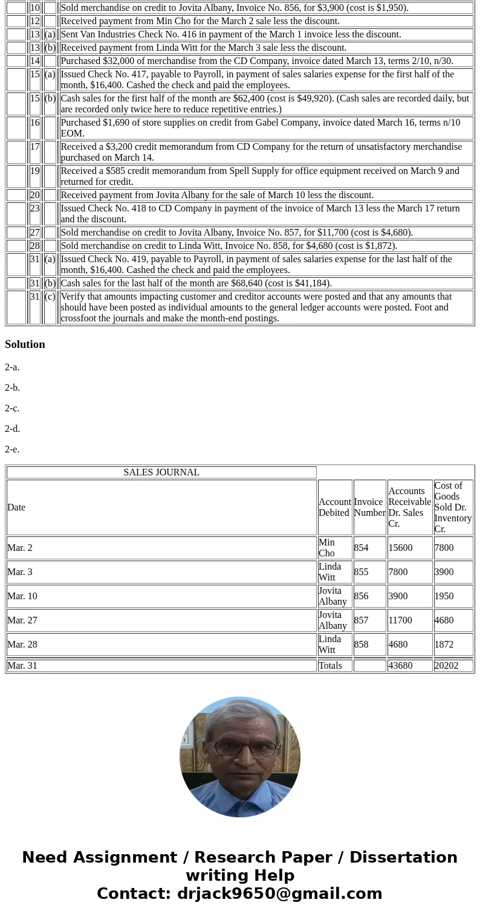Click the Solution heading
click(25, 344)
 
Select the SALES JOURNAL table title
click(161, 472)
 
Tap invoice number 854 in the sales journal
click(361, 548)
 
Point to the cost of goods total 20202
click(446, 666)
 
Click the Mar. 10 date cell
click(22, 596)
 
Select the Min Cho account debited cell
click(327, 548)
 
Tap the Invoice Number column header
click(369, 507)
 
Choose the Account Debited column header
click(334, 507)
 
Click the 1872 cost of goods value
click(444, 645)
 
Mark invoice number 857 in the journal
click(361, 620)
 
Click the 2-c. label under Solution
click(12, 408)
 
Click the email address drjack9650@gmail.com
click(279, 894)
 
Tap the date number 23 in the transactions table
click(34, 208)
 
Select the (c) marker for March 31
click(50, 297)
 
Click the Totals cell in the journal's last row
click(330, 666)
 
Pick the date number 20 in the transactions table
click(34, 195)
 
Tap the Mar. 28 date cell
click(22, 645)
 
